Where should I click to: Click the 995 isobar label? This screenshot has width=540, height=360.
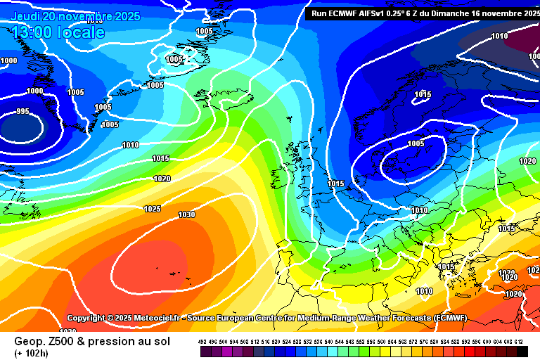click(x=22, y=112)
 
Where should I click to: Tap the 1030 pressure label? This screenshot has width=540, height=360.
click(x=186, y=215)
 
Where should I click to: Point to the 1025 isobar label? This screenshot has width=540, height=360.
click(x=152, y=209)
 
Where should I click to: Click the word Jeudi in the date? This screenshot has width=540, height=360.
click(x=26, y=16)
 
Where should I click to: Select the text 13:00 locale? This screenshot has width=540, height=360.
click(x=58, y=32)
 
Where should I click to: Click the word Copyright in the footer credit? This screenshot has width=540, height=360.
click(x=90, y=319)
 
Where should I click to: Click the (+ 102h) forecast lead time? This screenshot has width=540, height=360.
click(x=32, y=352)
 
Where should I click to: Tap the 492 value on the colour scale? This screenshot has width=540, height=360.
click(x=202, y=342)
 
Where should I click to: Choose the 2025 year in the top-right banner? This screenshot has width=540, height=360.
click(x=527, y=13)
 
